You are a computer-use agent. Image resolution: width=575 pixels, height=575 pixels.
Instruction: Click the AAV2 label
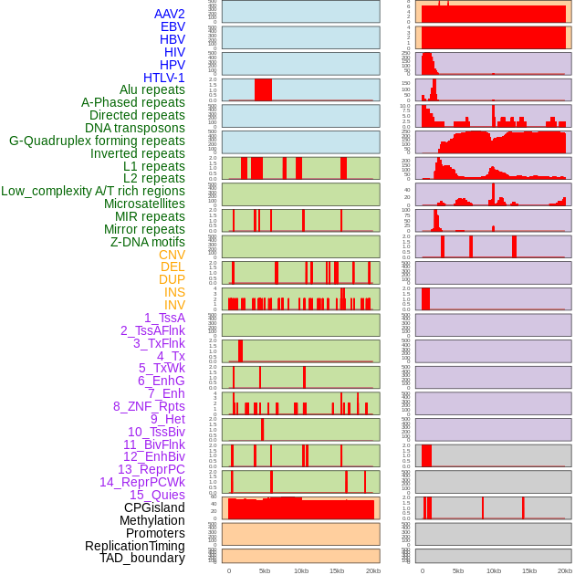pyautogui.click(x=170, y=15)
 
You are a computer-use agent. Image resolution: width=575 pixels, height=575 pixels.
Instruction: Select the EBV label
pyautogui.click(x=172, y=27)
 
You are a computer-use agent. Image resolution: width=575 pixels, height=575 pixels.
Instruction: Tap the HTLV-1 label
pyautogui.click(x=164, y=78)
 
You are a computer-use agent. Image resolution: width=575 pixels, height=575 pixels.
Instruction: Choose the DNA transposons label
pyautogui.click(x=135, y=128)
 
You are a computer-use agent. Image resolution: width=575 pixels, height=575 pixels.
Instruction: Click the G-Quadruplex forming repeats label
pyautogui.click(x=97, y=141)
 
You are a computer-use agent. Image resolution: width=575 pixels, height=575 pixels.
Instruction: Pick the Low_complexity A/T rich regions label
pyautogui.click(x=93, y=191)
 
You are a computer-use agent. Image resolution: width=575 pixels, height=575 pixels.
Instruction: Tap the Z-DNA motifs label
pyautogui.click(x=148, y=242)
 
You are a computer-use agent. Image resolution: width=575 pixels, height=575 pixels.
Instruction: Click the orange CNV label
pyautogui.click(x=172, y=255)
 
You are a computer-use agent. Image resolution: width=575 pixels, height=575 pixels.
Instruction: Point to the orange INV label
pyautogui.click(x=174, y=305)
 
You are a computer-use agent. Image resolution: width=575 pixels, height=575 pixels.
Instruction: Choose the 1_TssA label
pyautogui.click(x=164, y=318)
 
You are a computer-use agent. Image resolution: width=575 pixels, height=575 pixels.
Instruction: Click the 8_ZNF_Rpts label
pyautogui.click(x=149, y=406)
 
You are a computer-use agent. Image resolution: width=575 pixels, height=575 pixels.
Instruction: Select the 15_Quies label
pyautogui.click(x=156, y=495)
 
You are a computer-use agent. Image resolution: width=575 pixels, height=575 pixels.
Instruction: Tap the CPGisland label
pyautogui.click(x=154, y=507)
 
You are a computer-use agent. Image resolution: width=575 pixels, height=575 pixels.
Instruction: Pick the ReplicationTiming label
pyautogui.click(x=135, y=546)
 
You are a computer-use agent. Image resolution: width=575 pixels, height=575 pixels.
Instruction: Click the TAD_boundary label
pyautogui.click(x=142, y=558)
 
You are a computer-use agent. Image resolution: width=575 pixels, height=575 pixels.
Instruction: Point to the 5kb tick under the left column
pyautogui.click(x=265, y=570)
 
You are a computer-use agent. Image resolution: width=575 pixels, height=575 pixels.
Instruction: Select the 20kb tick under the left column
pyautogui.click(x=372, y=570)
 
